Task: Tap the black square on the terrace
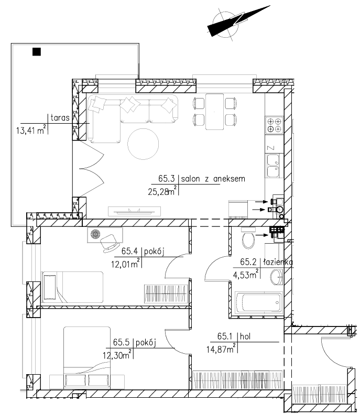(x=37, y=52)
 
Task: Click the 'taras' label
(x=60, y=117)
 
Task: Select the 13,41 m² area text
(x=31, y=129)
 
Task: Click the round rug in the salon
(x=143, y=144)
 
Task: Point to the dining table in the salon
(x=214, y=112)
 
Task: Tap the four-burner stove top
(x=274, y=125)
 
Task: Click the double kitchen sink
(x=273, y=166)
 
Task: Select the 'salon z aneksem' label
(x=213, y=179)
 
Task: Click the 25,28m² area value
(x=162, y=191)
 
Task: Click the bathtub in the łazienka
(x=258, y=302)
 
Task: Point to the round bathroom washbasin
(x=277, y=277)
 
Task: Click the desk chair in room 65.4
(x=109, y=244)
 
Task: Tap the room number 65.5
(x=121, y=342)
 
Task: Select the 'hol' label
(x=245, y=336)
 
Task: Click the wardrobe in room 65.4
(x=166, y=294)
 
